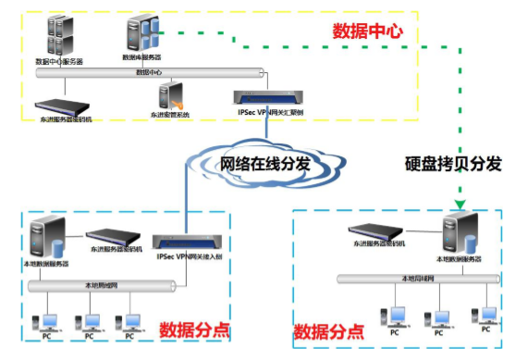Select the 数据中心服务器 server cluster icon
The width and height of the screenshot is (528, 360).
(58, 36)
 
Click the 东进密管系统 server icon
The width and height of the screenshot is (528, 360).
(169, 96)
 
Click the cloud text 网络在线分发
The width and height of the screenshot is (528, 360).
(264, 164)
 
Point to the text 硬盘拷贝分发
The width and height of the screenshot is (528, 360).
(453, 164)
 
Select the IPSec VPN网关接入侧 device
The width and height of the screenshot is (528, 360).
(191, 242)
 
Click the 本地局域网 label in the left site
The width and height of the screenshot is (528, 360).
(100, 285)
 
